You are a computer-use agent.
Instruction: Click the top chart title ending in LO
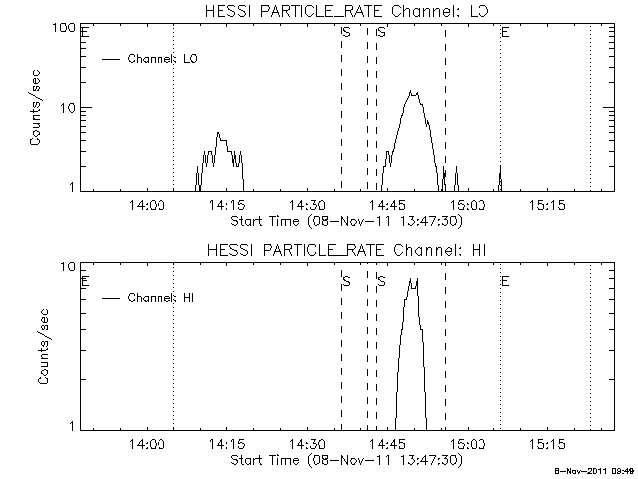pyautogui.click(x=339, y=11)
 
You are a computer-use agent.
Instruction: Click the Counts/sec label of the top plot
pyautogui.click(x=36, y=108)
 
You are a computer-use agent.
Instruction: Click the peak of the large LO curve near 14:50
pyautogui.click(x=411, y=92)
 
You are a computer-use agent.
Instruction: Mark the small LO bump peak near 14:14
pyautogui.click(x=219, y=132)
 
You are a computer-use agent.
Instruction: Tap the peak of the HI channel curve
pyautogui.click(x=411, y=280)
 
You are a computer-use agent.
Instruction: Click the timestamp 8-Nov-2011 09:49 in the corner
pyautogui.click(x=595, y=469)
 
